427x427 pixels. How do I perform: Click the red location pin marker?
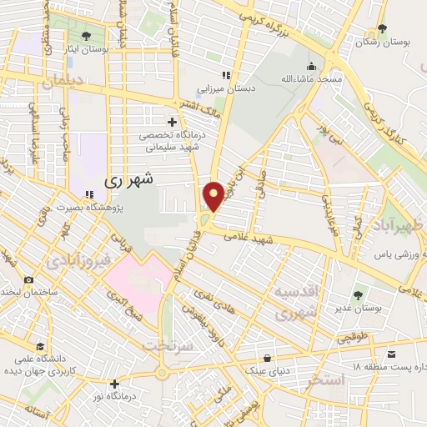click(213, 195)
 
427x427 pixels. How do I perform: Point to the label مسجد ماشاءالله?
click(311, 79)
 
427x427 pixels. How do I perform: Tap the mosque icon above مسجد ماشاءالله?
click(311, 67)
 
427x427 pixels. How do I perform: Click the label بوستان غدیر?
click(358, 308)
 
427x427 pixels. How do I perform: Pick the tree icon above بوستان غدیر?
click(358, 294)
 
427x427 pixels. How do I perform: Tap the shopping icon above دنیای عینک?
click(267, 357)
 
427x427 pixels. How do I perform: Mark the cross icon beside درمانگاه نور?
click(114, 384)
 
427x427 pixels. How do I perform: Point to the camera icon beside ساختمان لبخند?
click(29, 280)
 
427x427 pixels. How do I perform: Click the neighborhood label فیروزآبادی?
click(78, 262)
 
